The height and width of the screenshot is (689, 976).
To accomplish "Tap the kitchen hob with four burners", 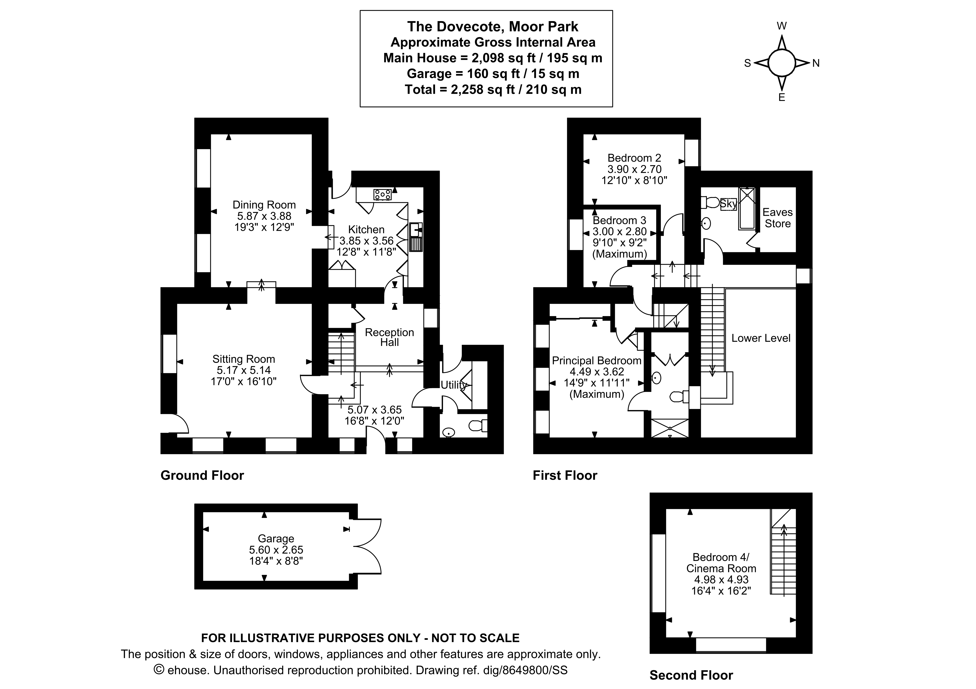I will [x=382, y=195].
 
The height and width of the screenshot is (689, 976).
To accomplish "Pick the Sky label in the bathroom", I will [x=728, y=204].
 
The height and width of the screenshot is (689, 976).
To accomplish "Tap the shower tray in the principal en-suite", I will [x=670, y=428].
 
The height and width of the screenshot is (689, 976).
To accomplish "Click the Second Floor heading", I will [x=691, y=675].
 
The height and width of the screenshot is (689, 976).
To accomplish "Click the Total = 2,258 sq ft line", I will [x=493, y=90].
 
